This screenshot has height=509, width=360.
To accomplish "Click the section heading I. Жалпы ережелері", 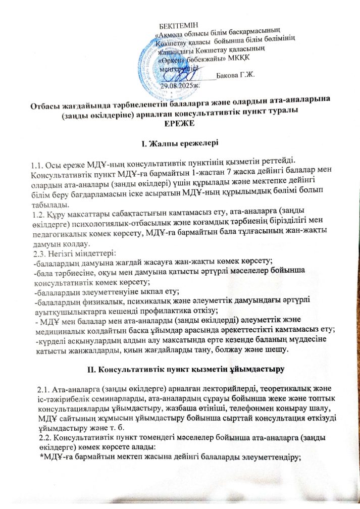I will click(x=179, y=145).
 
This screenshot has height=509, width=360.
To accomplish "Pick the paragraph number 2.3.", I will click(x=37, y=251).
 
